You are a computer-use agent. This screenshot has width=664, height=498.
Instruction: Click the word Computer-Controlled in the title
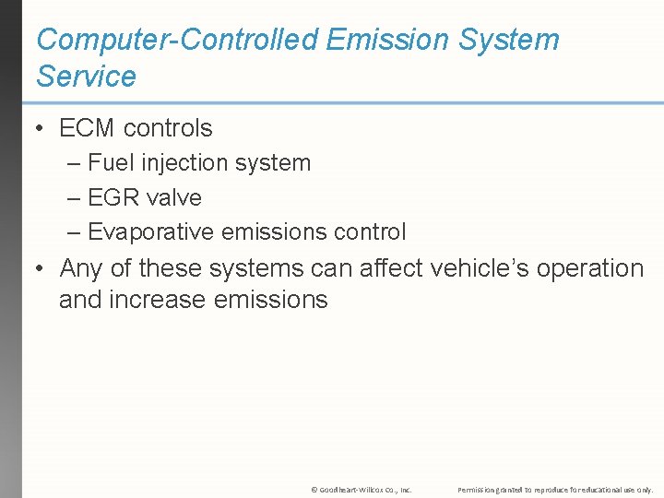click(x=174, y=40)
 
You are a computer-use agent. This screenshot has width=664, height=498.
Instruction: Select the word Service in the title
click(x=86, y=76)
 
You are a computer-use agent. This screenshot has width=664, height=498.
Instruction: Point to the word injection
click(x=185, y=163)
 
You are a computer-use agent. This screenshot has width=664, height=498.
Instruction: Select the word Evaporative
click(x=151, y=232)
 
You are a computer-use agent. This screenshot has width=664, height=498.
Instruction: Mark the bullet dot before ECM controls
click(x=40, y=129)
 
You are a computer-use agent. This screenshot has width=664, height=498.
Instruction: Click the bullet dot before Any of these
click(x=40, y=269)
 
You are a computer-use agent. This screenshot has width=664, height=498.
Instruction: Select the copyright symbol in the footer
click(x=314, y=490)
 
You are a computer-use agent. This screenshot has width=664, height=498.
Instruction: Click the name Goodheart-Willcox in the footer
click(x=350, y=490)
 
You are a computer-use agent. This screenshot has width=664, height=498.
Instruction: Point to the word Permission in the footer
click(x=478, y=490)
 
